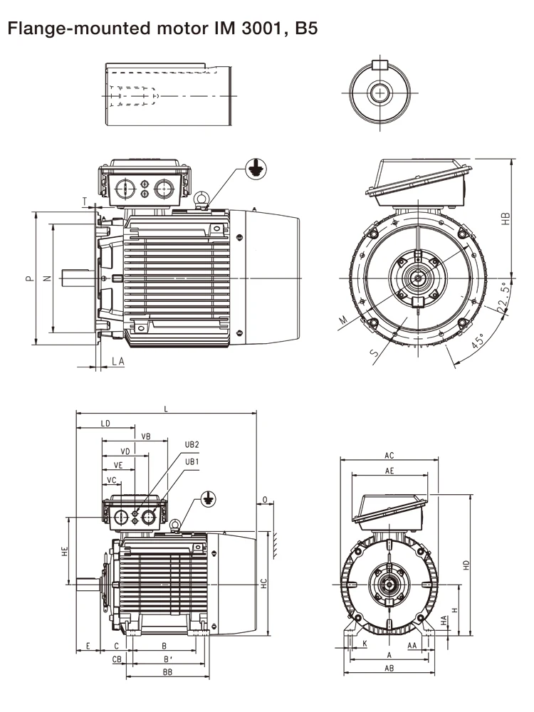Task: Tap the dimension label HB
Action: [x=506, y=219]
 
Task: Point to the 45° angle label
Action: [x=478, y=340]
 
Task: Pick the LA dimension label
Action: [x=117, y=362]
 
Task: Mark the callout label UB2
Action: [x=192, y=444]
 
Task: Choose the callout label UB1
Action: [x=192, y=461]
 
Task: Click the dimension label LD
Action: [x=105, y=424]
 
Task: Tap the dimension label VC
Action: [x=112, y=481]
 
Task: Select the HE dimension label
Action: [x=64, y=550]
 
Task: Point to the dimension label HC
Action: [x=263, y=582]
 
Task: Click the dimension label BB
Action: [x=167, y=672]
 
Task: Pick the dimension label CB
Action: [x=117, y=659]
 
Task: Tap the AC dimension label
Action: [x=389, y=455]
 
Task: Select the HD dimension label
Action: [x=467, y=565]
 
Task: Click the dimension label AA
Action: [x=412, y=645]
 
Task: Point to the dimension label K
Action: [x=365, y=644]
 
